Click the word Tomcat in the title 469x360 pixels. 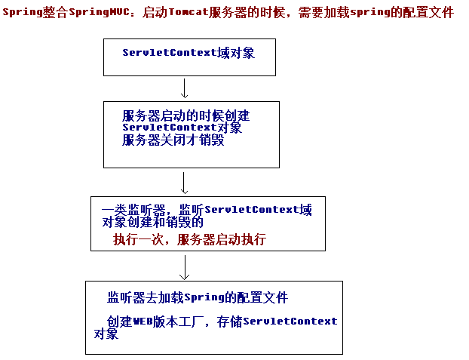point(189,12)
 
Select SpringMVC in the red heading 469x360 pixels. point(100,12)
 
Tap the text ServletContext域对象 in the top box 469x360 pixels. point(189,53)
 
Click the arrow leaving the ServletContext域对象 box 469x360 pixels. point(184,88)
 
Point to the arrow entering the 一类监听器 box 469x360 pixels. point(184,183)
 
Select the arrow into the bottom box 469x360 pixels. point(185,267)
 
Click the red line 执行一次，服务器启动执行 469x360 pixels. point(189,239)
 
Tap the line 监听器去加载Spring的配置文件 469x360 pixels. point(198,297)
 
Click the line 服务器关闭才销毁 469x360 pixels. point(173,140)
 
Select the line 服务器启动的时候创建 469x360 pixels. point(185,115)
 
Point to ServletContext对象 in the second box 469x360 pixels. point(182,128)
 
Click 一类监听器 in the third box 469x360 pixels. point(133,210)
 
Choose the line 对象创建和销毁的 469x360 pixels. point(152,222)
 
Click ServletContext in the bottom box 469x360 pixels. point(290,322)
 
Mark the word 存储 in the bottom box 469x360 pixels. point(229,322)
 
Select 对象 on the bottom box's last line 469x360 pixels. point(106,334)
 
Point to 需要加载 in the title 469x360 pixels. point(324,12)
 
